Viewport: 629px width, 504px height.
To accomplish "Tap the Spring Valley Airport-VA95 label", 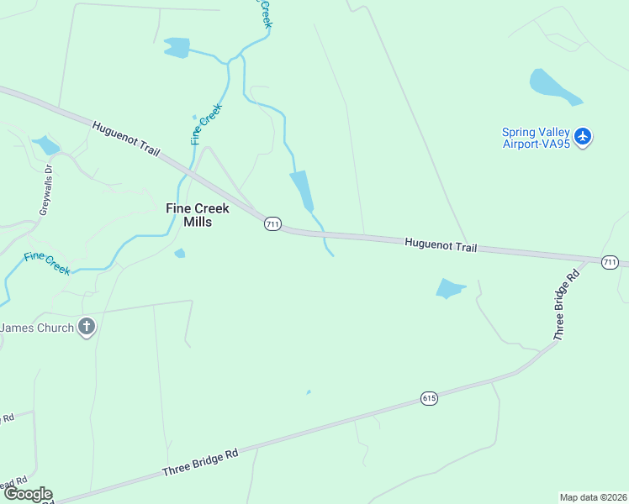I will (536, 138).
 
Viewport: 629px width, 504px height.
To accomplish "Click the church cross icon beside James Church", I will (87, 327).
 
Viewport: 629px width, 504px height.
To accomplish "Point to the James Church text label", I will (38, 327).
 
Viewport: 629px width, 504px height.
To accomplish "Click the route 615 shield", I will (430, 399).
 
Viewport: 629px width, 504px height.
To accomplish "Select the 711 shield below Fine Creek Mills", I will (272, 224).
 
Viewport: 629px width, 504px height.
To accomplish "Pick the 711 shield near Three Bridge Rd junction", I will (610, 262).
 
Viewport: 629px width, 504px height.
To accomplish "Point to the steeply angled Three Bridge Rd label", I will (567, 304).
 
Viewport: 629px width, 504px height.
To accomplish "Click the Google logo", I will (27, 494).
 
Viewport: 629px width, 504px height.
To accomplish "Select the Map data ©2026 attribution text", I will (593, 497).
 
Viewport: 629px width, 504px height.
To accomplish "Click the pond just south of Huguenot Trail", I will (450, 289).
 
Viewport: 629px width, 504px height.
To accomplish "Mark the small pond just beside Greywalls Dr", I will (45, 145).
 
